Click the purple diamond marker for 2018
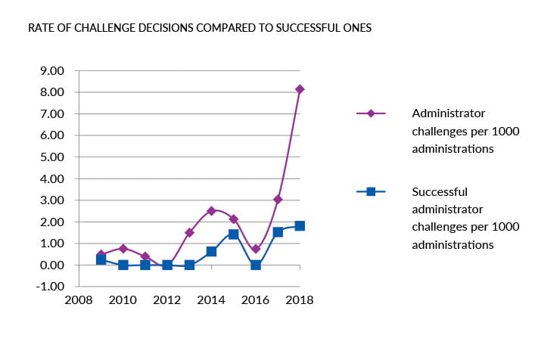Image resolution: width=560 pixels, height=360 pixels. (x=300, y=89)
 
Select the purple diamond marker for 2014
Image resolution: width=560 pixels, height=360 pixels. (x=211, y=211)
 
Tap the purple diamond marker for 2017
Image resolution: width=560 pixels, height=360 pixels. (x=278, y=200)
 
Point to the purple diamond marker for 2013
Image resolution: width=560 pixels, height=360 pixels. (x=189, y=233)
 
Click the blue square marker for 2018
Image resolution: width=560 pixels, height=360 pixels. (x=300, y=226)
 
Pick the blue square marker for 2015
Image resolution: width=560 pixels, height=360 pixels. (x=234, y=234)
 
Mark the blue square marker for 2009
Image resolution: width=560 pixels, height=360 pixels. (x=101, y=259)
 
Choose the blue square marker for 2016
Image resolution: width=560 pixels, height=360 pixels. (x=256, y=265)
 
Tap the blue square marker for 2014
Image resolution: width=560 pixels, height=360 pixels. (x=211, y=251)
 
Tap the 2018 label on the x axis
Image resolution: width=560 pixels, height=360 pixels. (x=300, y=300)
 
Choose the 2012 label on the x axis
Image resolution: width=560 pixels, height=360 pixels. (x=167, y=300)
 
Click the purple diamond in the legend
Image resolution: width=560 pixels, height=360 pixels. (x=371, y=113)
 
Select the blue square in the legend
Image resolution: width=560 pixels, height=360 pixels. (x=371, y=191)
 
